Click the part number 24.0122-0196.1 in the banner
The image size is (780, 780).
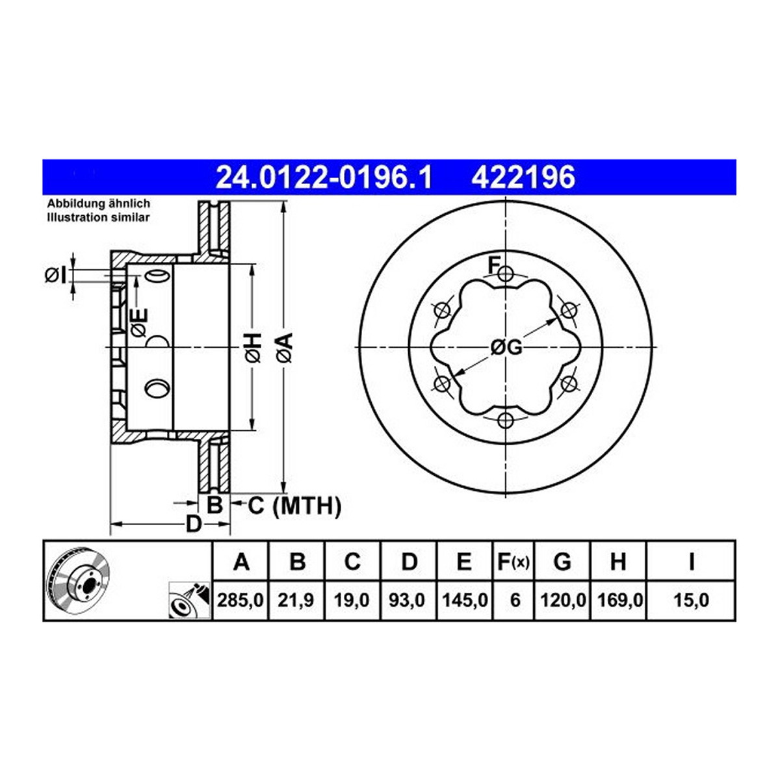point(324,177)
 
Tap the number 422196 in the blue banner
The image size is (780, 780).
point(523,177)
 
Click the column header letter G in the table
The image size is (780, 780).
point(562,562)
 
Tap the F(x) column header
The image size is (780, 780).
point(513,562)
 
